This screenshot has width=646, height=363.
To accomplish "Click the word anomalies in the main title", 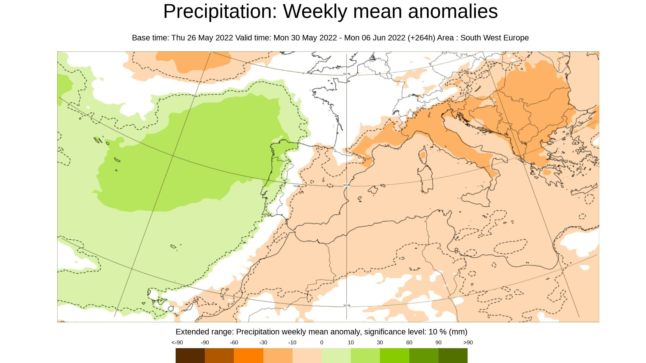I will coord(453,12).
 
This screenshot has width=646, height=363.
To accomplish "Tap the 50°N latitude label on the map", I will coord(347,74).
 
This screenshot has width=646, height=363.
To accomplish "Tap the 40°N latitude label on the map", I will coord(347,185).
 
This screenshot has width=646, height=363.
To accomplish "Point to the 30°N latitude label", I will coord(347,306).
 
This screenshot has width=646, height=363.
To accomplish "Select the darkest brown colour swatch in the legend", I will coord(190,355).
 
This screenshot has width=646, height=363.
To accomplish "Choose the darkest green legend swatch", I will coord(453,355).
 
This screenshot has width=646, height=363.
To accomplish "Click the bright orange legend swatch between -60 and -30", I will coord(249,355).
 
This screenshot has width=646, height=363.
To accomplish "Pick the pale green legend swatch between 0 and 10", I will coord(336,355).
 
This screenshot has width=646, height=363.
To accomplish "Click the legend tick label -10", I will coord(292,343).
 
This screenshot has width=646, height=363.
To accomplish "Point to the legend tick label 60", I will coord(409,343).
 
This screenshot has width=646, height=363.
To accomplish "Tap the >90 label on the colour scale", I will coord(468,343).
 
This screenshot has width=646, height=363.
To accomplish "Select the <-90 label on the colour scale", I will coord(177,343).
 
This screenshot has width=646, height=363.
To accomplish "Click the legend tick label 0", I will coord(322,343).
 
